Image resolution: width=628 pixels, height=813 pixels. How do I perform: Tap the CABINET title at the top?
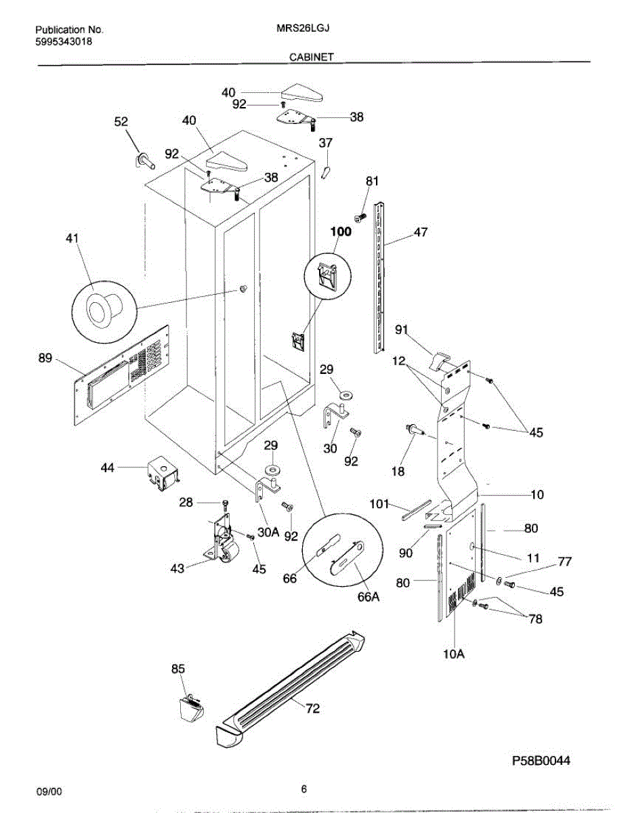pyautogui.click(x=312, y=58)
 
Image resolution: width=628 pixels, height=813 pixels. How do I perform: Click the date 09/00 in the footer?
pyautogui.click(x=48, y=791)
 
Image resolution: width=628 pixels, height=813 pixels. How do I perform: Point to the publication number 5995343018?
pyautogui.click(x=64, y=42)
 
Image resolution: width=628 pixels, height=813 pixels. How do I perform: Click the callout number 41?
pyautogui.click(x=72, y=238)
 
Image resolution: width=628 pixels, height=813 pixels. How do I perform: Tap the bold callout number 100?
pyautogui.click(x=341, y=232)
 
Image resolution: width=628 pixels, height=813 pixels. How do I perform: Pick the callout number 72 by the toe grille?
pyautogui.click(x=312, y=709)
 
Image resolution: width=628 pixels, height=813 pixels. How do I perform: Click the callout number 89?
pyautogui.click(x=45, y=359)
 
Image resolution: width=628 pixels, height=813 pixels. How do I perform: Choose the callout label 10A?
pyautogui.click(x=454, y=654)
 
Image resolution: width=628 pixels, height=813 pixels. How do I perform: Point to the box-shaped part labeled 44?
pyautogui.click(x=163, y=470)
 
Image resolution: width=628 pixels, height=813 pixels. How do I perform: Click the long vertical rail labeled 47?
pyautogui.click(x=380, y=278)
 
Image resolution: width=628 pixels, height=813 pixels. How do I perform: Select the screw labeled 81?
pyautogui.click(x=360, y=217)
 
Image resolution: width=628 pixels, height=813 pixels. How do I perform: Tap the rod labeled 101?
pyautogui.click(x=416, y=509)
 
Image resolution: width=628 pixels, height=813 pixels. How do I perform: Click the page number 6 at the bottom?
pyautogui.click(x=304, y=789)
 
